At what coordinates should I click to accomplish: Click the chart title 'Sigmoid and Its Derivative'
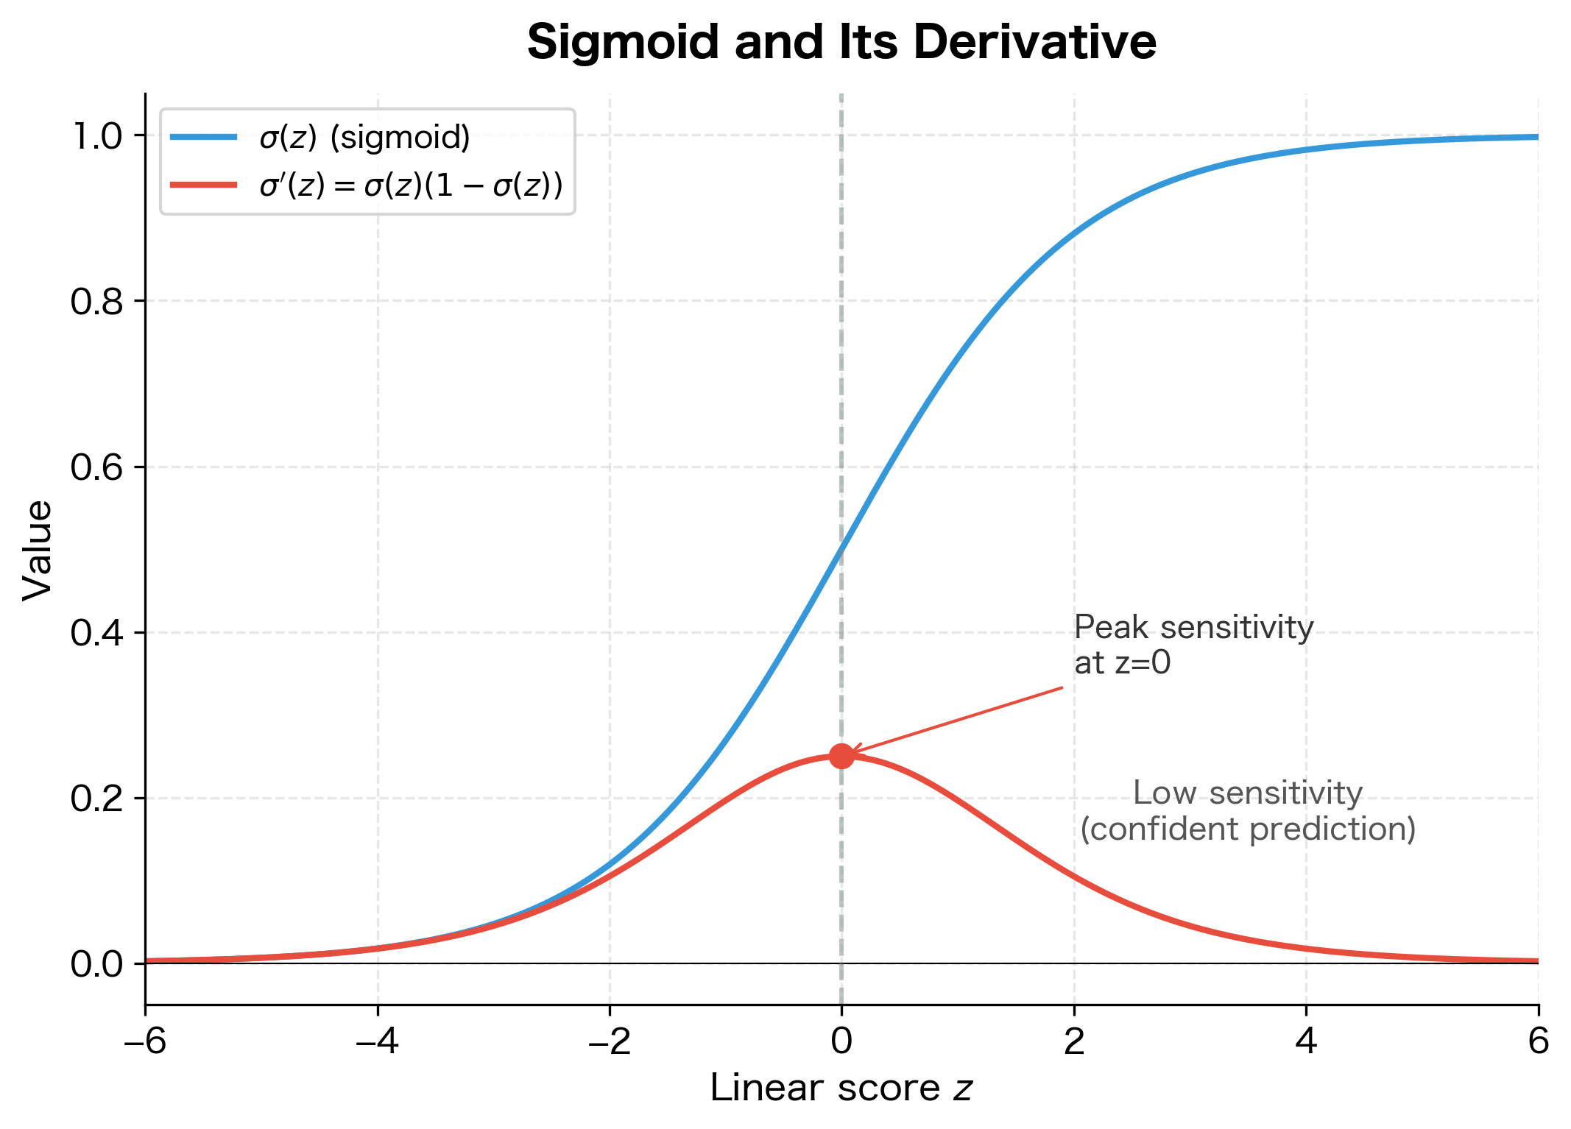pos(841,42)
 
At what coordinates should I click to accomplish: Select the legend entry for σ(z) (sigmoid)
pos(364,138)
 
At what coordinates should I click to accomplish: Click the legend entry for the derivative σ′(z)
pos(411,185)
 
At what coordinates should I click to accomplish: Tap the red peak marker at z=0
pos(841,756)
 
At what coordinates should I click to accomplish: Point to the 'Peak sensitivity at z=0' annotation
pos(1193,645)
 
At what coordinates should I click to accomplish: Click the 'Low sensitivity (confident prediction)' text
pos(1248,811)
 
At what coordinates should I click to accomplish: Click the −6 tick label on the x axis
pos(145,1041)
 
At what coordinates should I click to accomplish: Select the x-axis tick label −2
pos(610,1041)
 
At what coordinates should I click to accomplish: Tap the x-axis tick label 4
pos(1306,1041)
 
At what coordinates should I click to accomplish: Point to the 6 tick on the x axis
pos(1538,1041)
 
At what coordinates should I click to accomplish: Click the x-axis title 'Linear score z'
pos(841,1089)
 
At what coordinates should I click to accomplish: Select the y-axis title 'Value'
pos(37,551)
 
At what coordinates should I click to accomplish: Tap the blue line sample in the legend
pos(203,137)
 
